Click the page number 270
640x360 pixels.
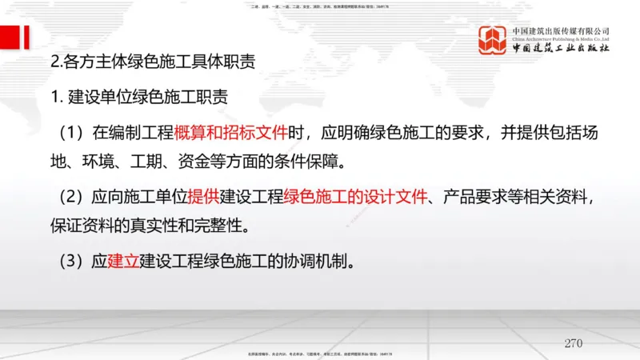(x=573, y=343)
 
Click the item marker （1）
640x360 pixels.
(x=74, y=132)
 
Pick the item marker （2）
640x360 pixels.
(x=74, y=197)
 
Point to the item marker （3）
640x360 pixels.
(x=74, y=261)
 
